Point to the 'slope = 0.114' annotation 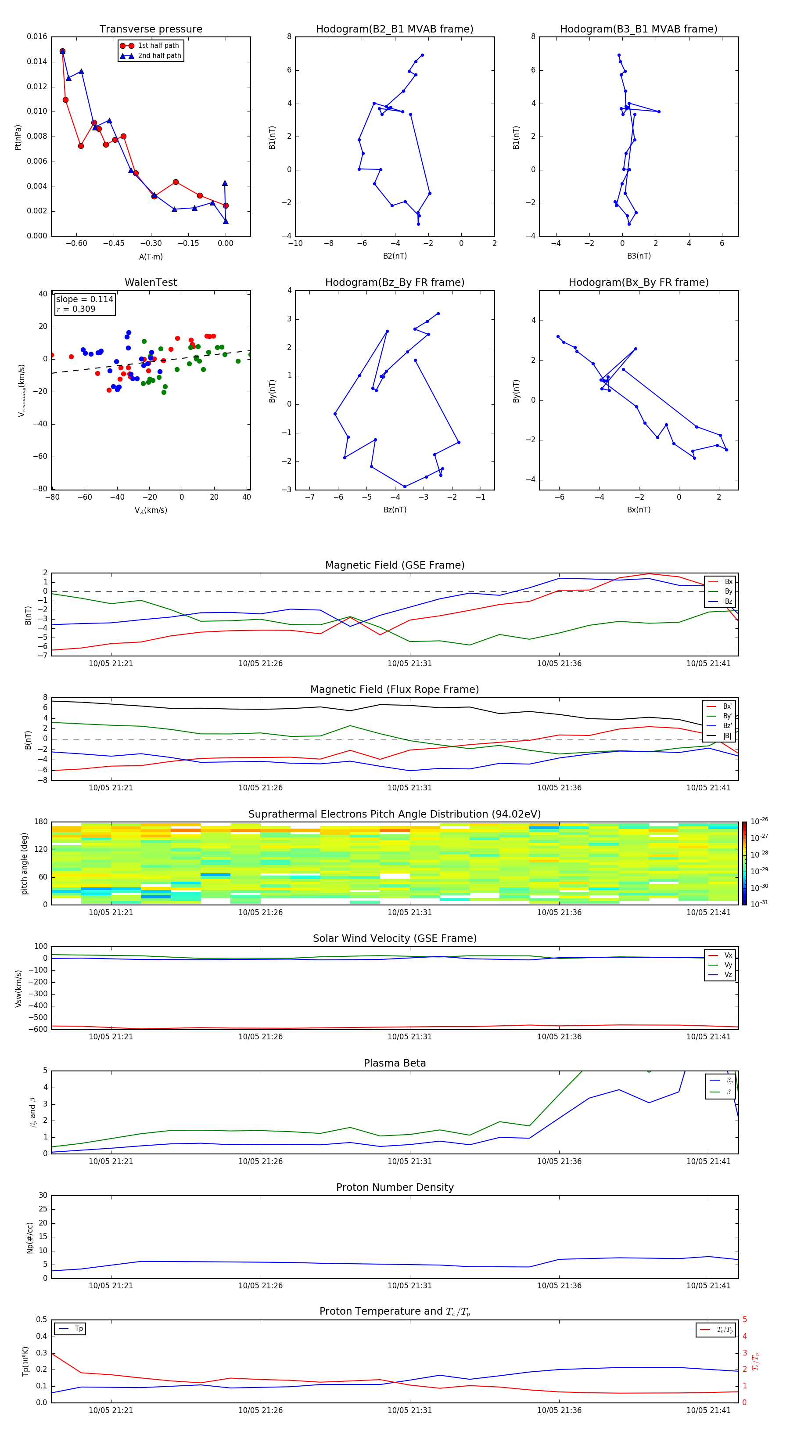[x=84, y=299]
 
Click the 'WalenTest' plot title [x=151, y=282]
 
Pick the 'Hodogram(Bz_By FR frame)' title [x=395, y=282]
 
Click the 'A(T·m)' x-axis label [x=151, y=257]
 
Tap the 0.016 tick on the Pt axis [x=37, y=36]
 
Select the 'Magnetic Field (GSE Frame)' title [x=395, y=565]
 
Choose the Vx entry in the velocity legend [x=728, y=955]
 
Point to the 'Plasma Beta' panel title [x=395, y=1063]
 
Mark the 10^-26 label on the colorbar [x=759, y=821]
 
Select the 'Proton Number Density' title [x=395, y=1187]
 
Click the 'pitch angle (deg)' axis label [x=24, y=863]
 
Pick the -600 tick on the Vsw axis [x=40, y=1029]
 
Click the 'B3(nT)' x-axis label [x=639, y=256]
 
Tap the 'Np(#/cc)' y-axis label [x=30, y=1237]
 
